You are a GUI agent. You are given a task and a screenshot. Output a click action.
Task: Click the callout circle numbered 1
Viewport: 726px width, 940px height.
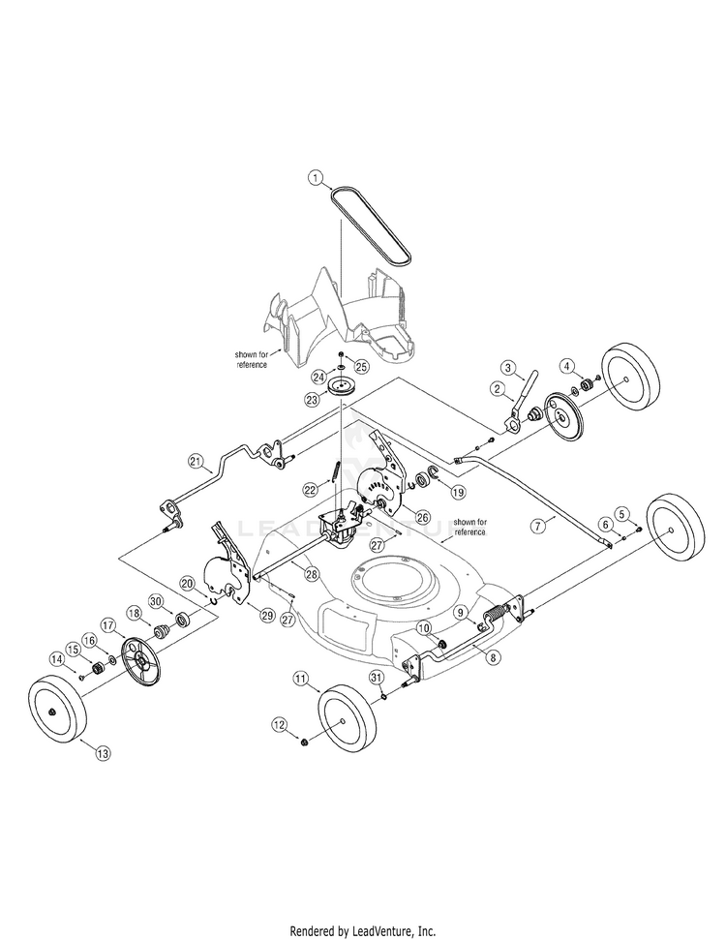coord(316,177)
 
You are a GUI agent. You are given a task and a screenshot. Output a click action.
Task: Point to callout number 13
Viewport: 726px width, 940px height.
coord(104,753)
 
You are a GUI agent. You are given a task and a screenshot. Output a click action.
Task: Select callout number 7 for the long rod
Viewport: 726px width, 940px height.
coord(538,526)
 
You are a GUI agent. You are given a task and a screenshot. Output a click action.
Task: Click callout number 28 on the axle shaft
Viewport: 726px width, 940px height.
coord(312,574)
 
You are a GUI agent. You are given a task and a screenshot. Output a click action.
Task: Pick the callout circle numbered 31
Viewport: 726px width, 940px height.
coord(376,678)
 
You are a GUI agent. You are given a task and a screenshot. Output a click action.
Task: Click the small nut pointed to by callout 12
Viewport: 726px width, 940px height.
coord(303,743)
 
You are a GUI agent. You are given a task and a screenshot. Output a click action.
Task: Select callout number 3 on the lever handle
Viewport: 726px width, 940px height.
coord(508,367)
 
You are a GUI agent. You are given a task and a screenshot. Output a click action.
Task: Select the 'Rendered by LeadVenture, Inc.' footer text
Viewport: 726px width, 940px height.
coord(363,931)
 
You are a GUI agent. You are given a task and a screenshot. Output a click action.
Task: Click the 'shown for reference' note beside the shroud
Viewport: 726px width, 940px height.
coord(251,360)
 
